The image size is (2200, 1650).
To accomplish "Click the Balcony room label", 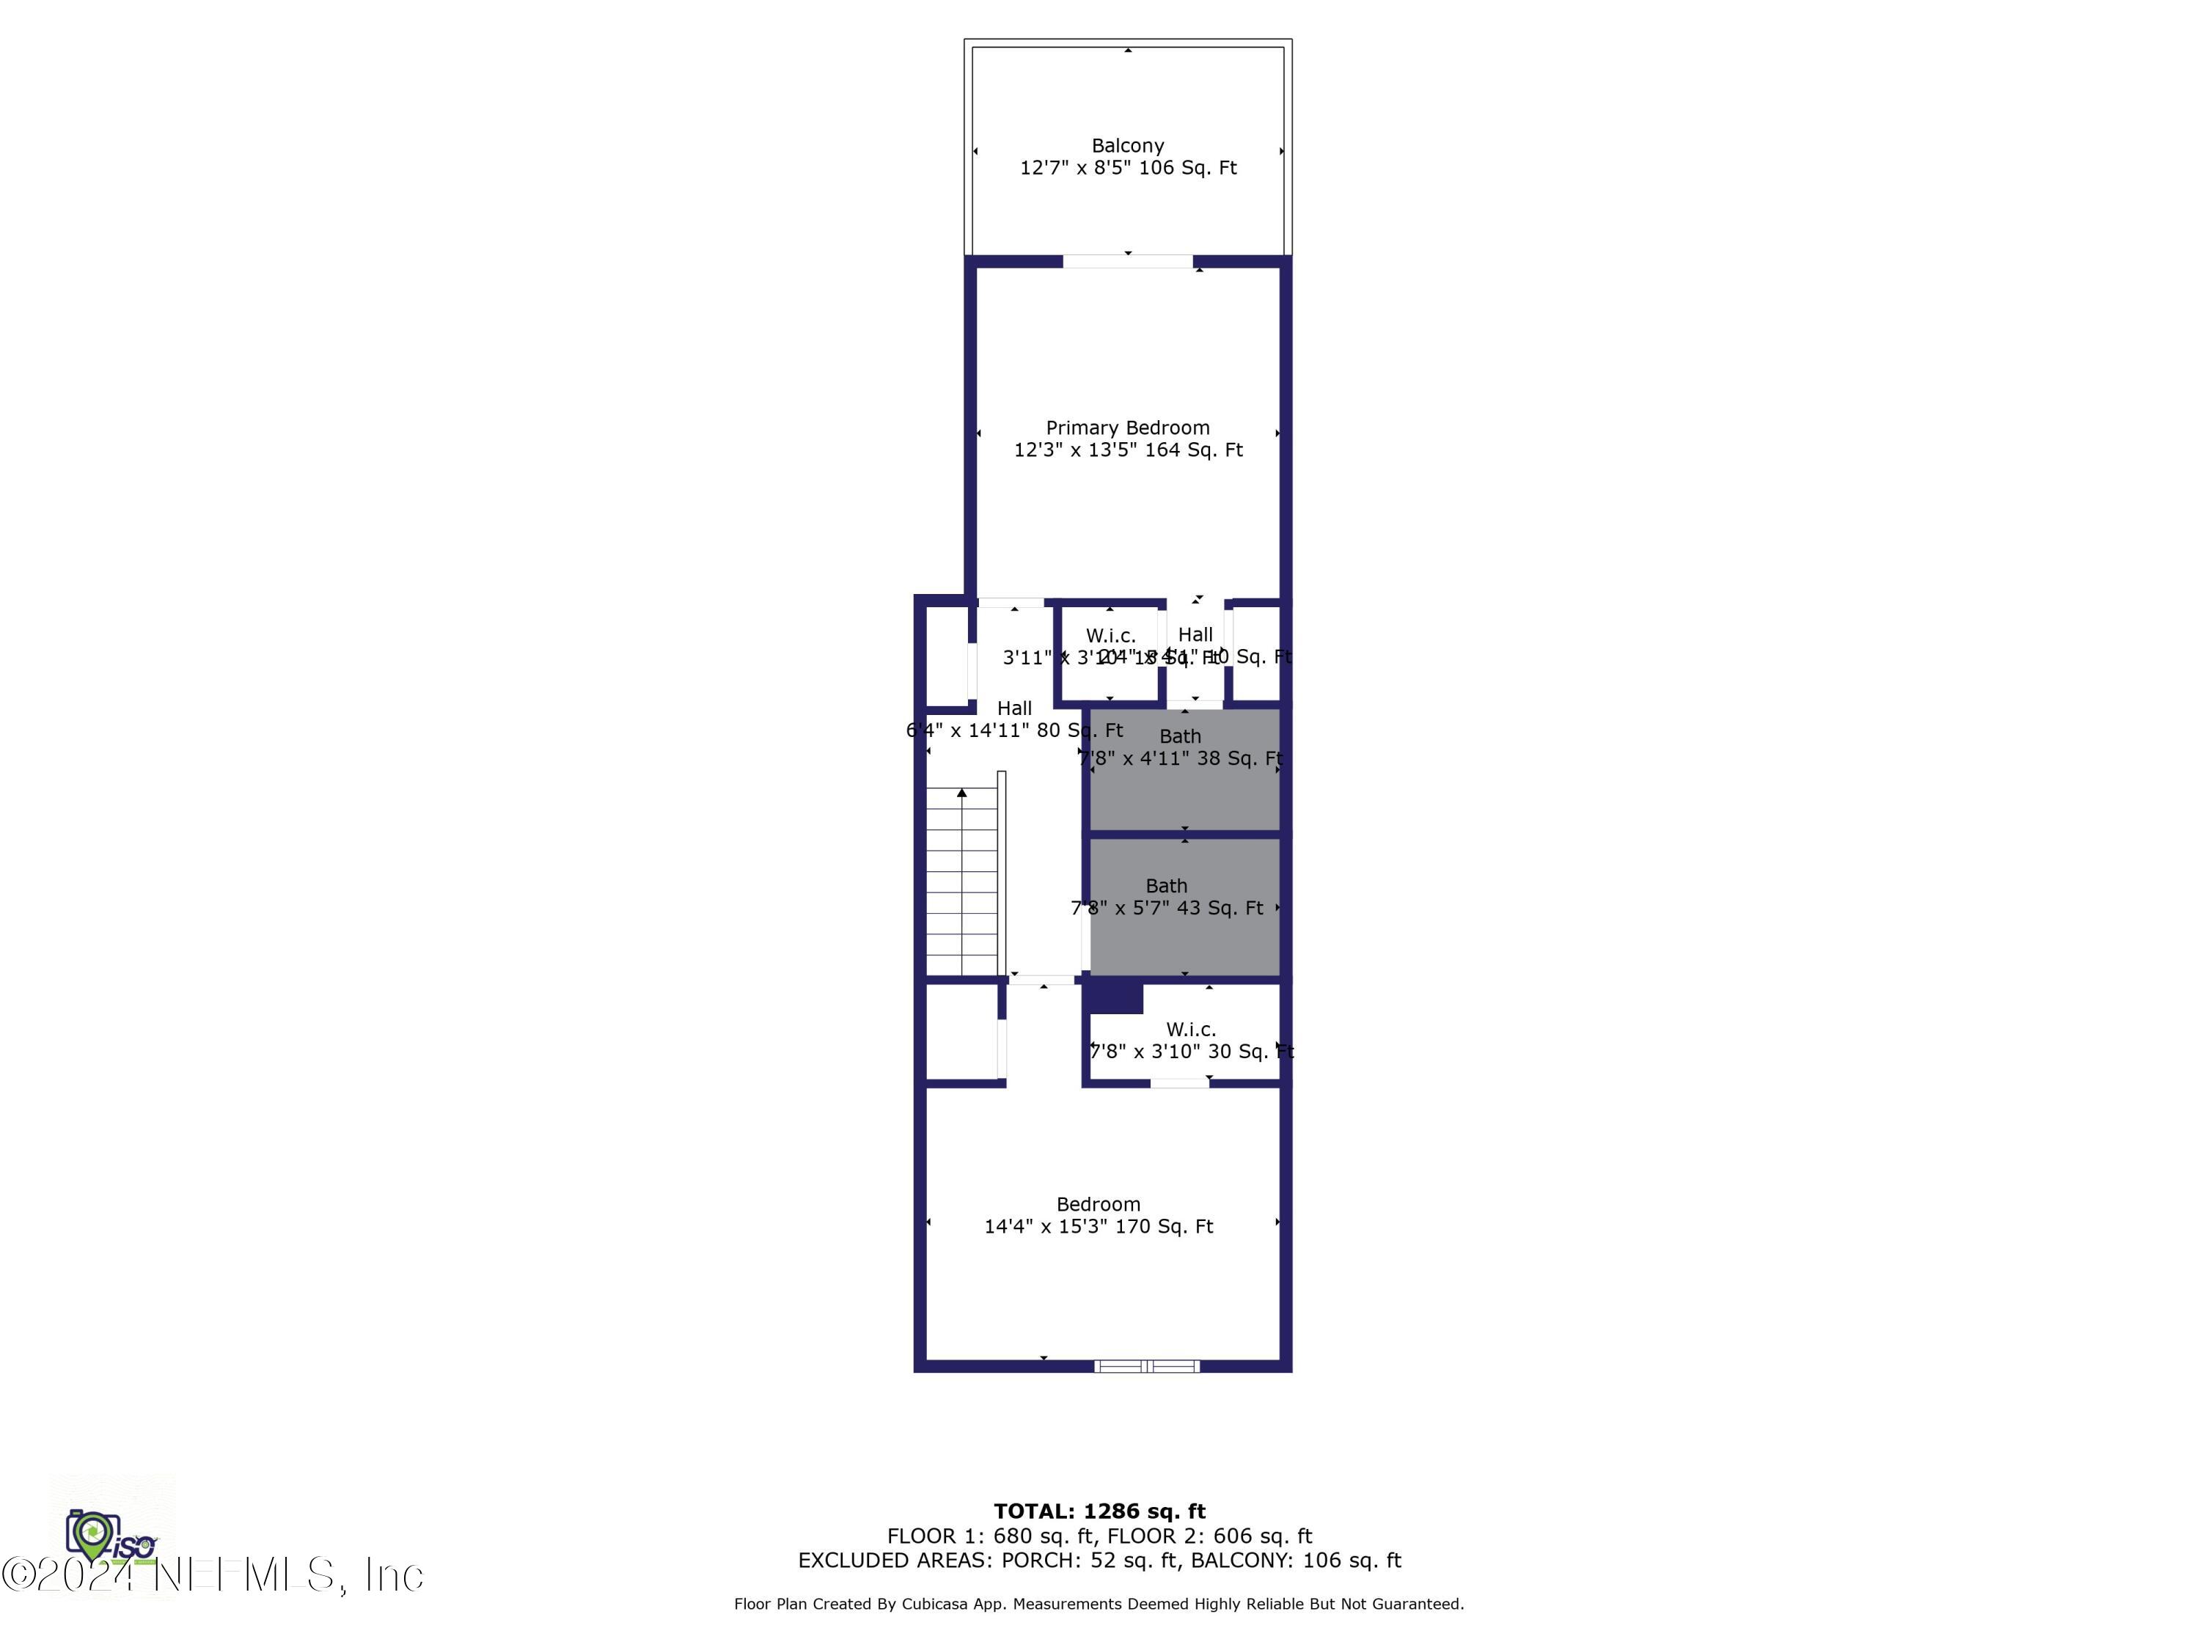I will pos(1127,145).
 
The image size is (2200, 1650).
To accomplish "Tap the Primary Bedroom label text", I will pos(1127,428).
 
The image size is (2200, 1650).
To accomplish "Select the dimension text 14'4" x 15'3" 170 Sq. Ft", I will pos(1098,1226).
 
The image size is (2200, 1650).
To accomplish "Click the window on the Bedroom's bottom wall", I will pos(1147,1365).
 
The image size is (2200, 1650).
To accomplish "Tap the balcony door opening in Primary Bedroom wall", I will pos(1127,262).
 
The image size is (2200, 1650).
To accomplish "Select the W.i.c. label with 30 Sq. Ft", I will pos(1190,1030).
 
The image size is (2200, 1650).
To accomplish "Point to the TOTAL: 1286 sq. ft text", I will pos(1099,1511).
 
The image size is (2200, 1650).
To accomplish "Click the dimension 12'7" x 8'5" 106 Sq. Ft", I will pos(1127,168).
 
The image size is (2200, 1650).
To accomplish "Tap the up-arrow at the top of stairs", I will pos(961,793).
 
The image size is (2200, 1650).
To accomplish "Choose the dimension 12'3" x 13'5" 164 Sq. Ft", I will pos(1127,450).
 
